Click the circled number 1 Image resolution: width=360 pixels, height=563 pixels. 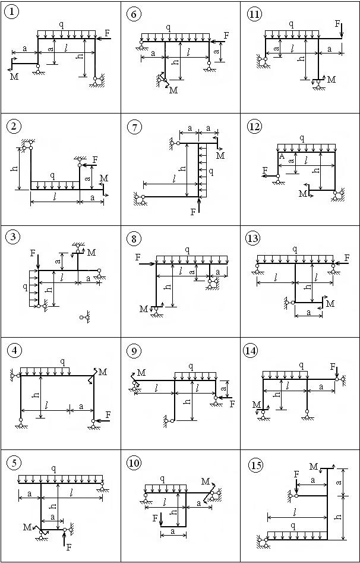11,12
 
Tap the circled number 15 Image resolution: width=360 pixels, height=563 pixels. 255,466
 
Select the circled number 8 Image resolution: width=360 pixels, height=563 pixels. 134,239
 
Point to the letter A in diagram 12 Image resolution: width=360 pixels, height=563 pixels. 282,156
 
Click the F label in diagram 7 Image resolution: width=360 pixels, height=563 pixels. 194,212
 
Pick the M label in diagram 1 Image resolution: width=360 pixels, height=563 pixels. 14,76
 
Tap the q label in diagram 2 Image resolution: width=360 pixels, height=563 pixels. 53,176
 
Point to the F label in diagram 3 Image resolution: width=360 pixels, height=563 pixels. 33,253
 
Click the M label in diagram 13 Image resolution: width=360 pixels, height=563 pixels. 330,304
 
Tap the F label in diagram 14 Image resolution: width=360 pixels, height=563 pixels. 332,367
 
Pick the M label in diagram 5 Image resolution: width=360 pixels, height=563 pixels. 27,527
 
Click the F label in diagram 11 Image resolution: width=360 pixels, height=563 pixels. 337,24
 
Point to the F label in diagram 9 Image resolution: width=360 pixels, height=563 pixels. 232,404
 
